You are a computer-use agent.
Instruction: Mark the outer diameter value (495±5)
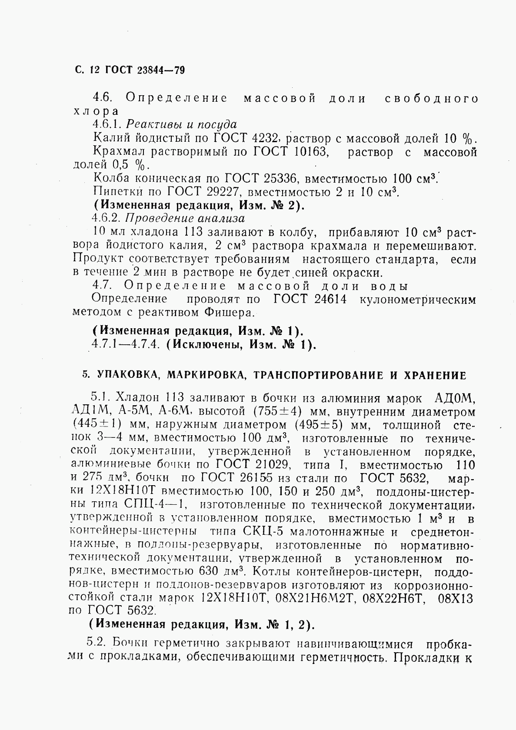pyautogui.click(x=319, y=424)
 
